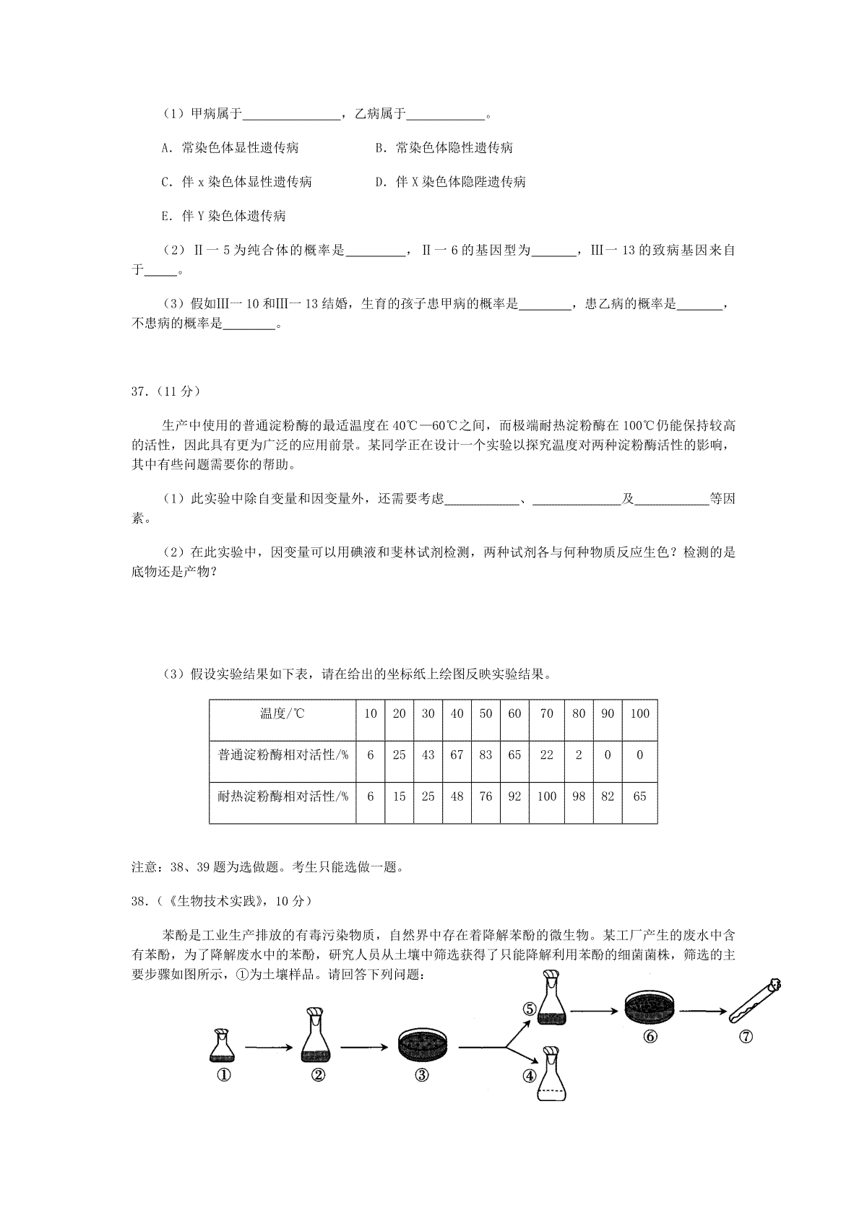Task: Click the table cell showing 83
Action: pos(486,755)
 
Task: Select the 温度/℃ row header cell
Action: pos(282,714)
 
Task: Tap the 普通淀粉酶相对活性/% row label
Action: pos(282,755)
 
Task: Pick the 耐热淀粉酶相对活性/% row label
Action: pos(282,796)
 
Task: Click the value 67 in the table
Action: pos(457,755)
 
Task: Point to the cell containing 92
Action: pos(514,796)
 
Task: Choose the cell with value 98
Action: pos(578,796)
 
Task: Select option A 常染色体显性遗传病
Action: pos(230,148)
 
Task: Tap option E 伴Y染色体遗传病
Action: pos(224,216)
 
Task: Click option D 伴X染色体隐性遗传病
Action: pos(451,182)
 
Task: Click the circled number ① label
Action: pos(223,1074)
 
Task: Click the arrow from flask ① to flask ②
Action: pos(267,1046)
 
